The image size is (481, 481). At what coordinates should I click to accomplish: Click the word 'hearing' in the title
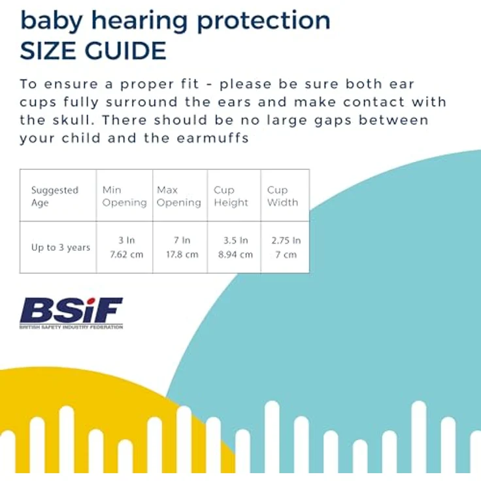coord(140,22)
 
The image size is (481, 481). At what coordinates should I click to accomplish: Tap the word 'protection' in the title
coord(263,22)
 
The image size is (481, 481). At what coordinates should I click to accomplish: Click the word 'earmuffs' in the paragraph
coord(212,138)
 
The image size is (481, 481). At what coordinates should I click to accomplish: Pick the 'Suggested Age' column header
coord(55,196)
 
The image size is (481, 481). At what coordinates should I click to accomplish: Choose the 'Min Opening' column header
coord(124,196)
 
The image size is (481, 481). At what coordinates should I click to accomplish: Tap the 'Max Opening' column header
coord(179,196)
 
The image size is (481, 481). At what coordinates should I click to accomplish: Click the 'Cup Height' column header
coord(231,196)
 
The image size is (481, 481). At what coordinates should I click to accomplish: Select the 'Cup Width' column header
coord(282,196)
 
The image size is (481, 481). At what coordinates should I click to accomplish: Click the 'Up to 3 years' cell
coord(61,247)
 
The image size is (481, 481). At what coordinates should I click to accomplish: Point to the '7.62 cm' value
coord(126,254)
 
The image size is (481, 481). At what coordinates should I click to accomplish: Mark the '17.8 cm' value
coord(182,254)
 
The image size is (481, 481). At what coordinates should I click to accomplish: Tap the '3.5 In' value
coord(235,241)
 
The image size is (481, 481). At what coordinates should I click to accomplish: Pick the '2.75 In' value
coord(286,241)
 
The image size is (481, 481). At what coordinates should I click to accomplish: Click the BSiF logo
coord(71,313)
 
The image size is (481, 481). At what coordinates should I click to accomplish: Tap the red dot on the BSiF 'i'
coord(90,301)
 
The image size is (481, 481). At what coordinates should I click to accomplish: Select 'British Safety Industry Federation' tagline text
coord(71,327)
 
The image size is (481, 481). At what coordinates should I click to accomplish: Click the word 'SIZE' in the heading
coord(48,50)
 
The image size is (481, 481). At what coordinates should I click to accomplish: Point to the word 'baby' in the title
coord(51,22)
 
